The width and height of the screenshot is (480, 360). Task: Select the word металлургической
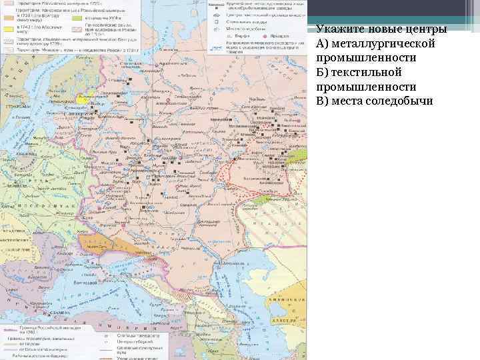click(x=383, y=44)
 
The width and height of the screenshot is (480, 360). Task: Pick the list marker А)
click(x=323, y=44)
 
